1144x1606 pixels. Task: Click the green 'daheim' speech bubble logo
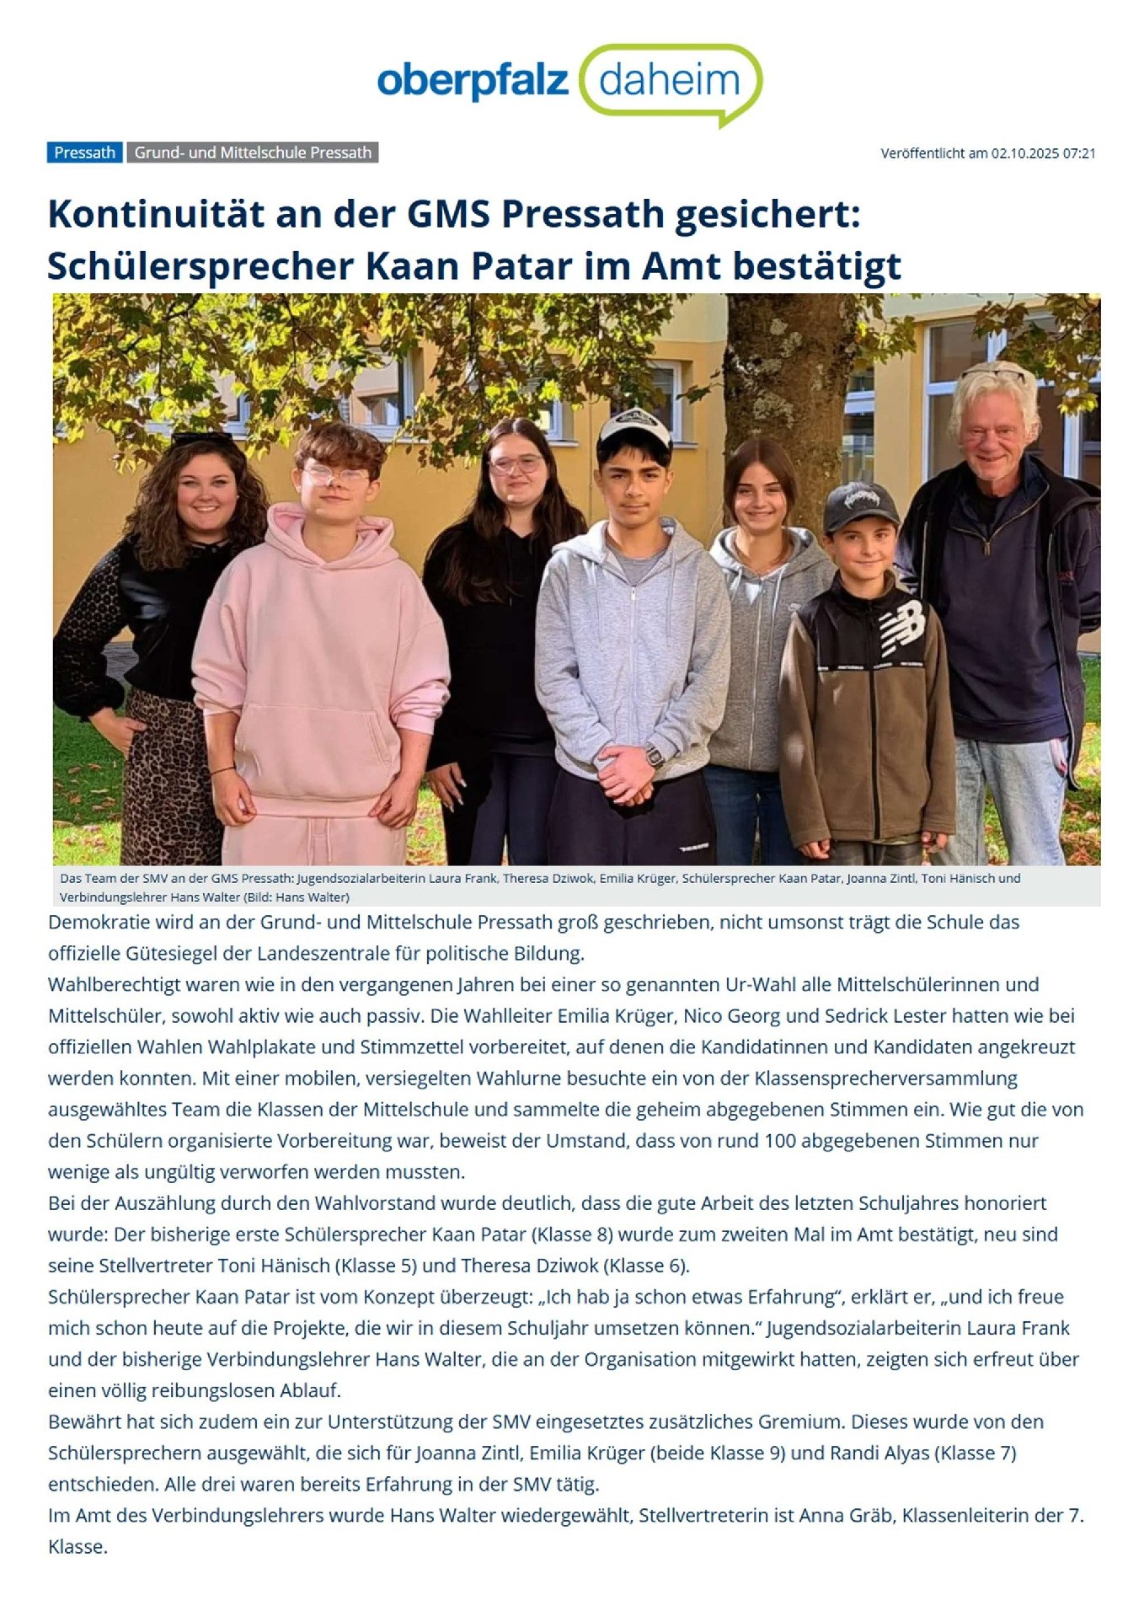coord(671,82)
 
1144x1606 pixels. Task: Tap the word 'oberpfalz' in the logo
coord(473,82)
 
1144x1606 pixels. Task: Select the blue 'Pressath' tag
coord(84,153)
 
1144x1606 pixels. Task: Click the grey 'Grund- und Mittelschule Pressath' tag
coord(253,153)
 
